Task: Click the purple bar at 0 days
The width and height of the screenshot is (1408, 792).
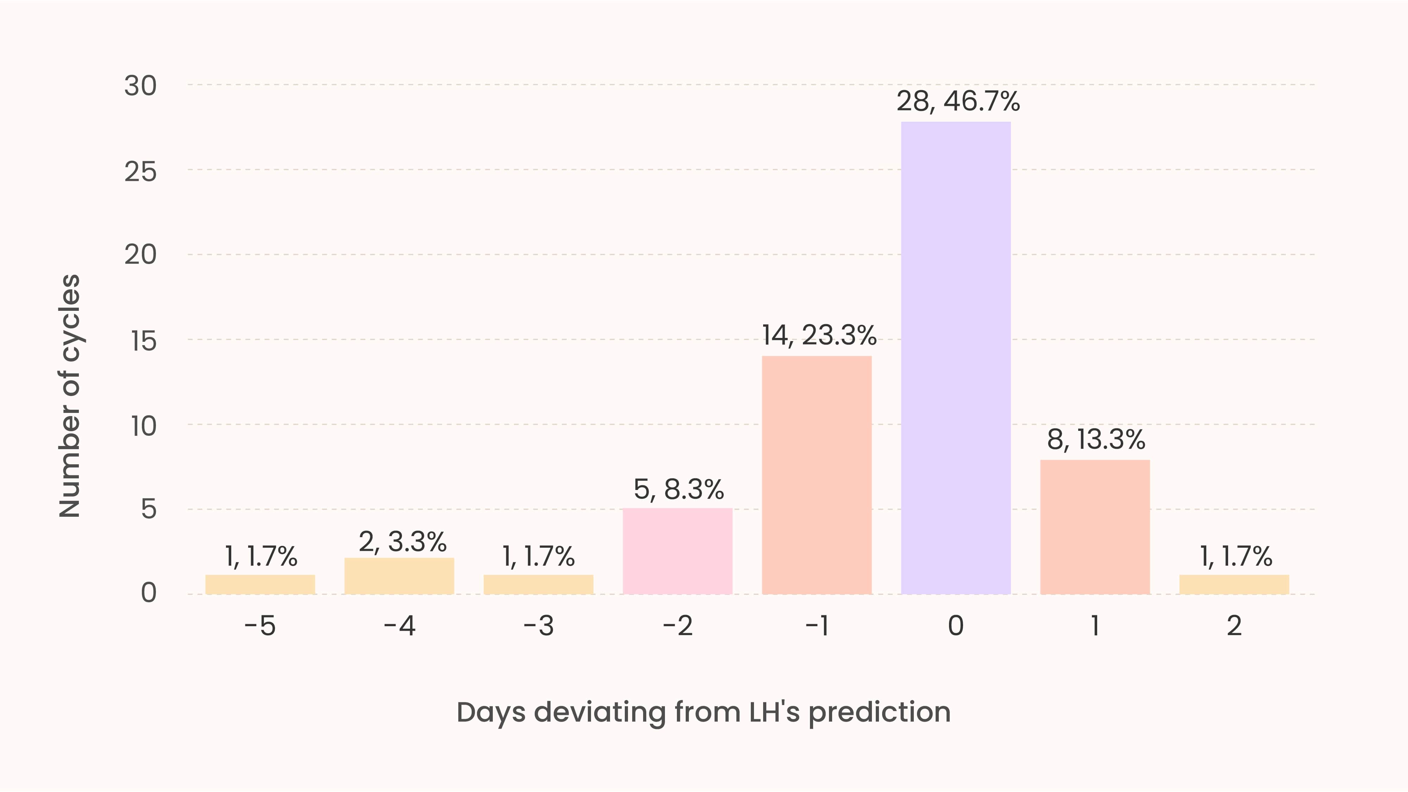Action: (x=955, y=358)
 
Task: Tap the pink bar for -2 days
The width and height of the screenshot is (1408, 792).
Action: (x=677, y=551)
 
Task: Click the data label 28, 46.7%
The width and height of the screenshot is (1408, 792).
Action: (x=957, y=102)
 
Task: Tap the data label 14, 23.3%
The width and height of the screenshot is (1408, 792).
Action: (x=819, y=335)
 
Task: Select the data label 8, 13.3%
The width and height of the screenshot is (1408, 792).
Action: (x=1096, y=439)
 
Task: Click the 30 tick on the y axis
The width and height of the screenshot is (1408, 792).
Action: (x=140, y=86)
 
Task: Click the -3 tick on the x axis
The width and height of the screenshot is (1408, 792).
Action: (x=539, y=626)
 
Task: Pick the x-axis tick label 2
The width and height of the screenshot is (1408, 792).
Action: (x=1234, y=626)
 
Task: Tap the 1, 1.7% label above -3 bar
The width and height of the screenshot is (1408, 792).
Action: (x=539, y=557)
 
